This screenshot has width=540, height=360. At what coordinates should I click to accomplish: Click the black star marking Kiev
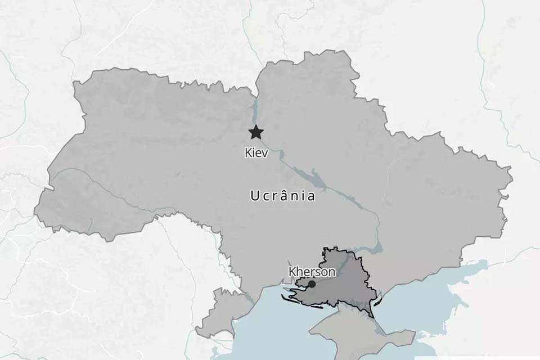256,133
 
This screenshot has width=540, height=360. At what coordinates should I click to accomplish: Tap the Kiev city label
256,152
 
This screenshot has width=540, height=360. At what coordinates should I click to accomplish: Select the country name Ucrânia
282,196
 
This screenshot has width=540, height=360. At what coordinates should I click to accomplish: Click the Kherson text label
312,272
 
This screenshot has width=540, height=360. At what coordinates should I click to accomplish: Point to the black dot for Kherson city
312,284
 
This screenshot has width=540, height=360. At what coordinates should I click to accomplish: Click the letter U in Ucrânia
254,196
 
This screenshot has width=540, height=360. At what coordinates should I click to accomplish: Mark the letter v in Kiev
265,153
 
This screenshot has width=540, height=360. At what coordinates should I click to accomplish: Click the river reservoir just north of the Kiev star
254,110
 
